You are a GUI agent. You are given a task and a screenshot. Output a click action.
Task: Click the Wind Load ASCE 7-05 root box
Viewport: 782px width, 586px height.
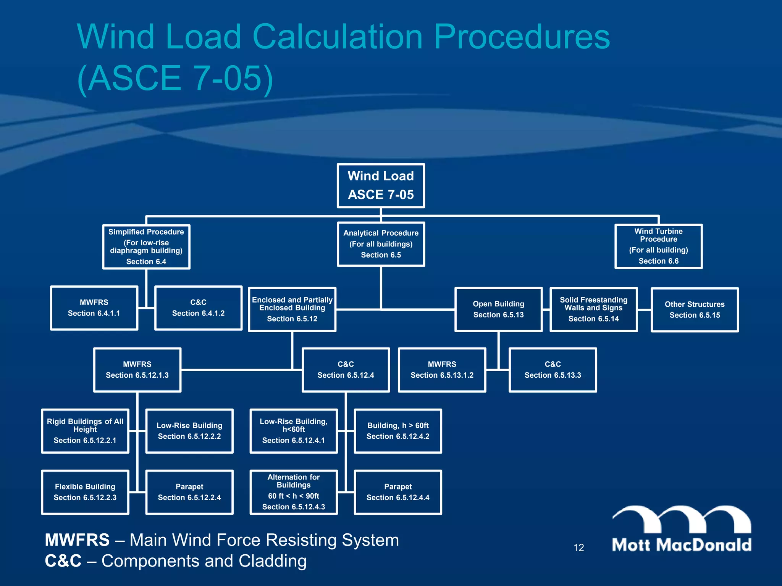pyautogui.click(x=381, y=186)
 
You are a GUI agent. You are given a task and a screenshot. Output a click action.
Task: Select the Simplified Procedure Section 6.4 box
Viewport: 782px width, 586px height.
pyautogui.click(x=146, y=247)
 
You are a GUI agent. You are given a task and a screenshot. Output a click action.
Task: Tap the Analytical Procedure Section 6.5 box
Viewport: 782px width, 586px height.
pyautogui.click(x=381, y=244)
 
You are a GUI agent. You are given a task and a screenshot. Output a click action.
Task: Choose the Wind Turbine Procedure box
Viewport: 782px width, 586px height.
pyautogui.click(x=658, y=246)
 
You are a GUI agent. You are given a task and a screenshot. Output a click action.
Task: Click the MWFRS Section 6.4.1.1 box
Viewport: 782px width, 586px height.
pyautogui.click(x=94, y=308)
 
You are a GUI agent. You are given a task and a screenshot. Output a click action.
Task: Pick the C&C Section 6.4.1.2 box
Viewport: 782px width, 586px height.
pyautogui.click(x=198, y=308)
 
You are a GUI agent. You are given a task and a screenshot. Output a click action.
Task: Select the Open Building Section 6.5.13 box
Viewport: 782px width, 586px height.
pyautogui.click(x=498, y=309)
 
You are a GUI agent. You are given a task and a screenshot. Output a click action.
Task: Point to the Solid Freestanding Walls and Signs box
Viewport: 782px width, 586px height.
pyautogui.click(x=593, y=309)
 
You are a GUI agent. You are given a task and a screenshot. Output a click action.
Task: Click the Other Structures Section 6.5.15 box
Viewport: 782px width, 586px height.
pyautogui.click(x=695, y=310)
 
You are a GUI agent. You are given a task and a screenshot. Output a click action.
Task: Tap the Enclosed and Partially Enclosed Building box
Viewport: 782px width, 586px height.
pyautogui.click(x=292, y=309)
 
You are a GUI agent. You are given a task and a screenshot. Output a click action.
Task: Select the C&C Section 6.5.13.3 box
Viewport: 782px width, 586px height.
pyautogui.click(x=553, y=370)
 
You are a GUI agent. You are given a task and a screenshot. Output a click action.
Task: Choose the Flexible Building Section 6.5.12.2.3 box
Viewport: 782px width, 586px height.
pyautogui.click(x=85, y=492)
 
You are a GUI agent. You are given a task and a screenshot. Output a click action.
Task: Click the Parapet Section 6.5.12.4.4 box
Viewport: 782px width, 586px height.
pyautogui.click(x=398, y=492)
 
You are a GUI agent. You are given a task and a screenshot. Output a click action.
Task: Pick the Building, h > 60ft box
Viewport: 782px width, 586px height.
pyautogui.click(x=398, y=431)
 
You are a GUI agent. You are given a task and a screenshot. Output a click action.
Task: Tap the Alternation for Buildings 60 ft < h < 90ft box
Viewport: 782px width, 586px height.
pyautogui.click(x=294, y=492)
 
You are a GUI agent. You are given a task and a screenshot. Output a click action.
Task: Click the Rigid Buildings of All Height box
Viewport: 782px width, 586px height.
pyautogui.click(x=85, y=431)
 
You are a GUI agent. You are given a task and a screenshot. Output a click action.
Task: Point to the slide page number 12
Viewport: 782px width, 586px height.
pyautogui.click(x=578, y=548)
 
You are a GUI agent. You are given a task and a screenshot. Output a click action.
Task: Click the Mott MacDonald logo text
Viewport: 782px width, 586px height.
pyautogui.click(x=682, y=545)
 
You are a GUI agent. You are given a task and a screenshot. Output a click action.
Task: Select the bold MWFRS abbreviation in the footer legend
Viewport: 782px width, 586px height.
pyautogui.click(x=77, y=540)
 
